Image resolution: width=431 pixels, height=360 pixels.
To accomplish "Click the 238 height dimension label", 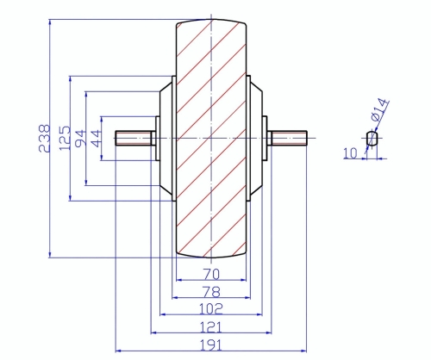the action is (x=45, y=138).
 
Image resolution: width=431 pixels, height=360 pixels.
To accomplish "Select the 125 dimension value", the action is (x=65, y=138).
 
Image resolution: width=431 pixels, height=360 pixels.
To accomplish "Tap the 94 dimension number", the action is (x=80, y=139).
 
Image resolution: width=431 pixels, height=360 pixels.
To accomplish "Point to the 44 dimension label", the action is (x=96, y=139).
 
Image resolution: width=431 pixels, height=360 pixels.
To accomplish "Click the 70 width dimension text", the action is (x=211, y=274).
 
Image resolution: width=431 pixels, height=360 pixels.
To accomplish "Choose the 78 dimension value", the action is (x=211, y=292).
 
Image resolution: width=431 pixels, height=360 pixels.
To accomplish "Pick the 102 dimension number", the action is (x=211, y=309).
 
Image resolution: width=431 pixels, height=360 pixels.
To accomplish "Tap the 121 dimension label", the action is (x=211, y=327).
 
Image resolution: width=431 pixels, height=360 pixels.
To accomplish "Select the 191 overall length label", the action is (x=211, y=345).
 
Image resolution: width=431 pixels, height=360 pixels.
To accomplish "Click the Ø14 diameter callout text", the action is (x=380, y=109).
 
